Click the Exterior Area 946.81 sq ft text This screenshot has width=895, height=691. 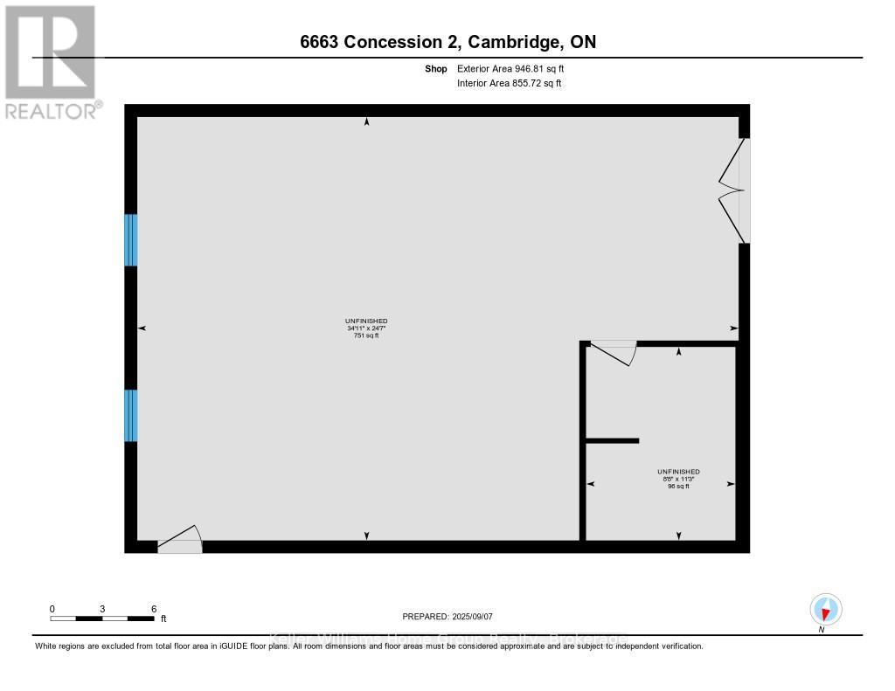tap(516, 68)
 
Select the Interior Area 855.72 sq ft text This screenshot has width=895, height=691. tap(509, 83)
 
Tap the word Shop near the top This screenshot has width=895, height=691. tap(436, 68)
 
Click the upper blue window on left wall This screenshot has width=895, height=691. tap(131, 239)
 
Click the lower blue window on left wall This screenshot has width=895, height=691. tap(131, 415)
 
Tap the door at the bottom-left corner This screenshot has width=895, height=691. tap(180, 541)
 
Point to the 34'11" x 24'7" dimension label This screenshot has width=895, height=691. tap(366, 328)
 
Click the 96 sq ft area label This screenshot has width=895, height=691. tap(678, 486)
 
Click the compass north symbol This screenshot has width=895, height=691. tap(825, 609)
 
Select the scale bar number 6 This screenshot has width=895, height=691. tap(154, 608)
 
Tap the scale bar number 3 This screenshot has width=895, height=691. tap(102, 608)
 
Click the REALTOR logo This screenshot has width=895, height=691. tap(51, 62)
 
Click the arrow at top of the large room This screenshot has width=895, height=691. tap(366, 122)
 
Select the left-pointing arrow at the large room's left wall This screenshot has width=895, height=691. tap(142, 328)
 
